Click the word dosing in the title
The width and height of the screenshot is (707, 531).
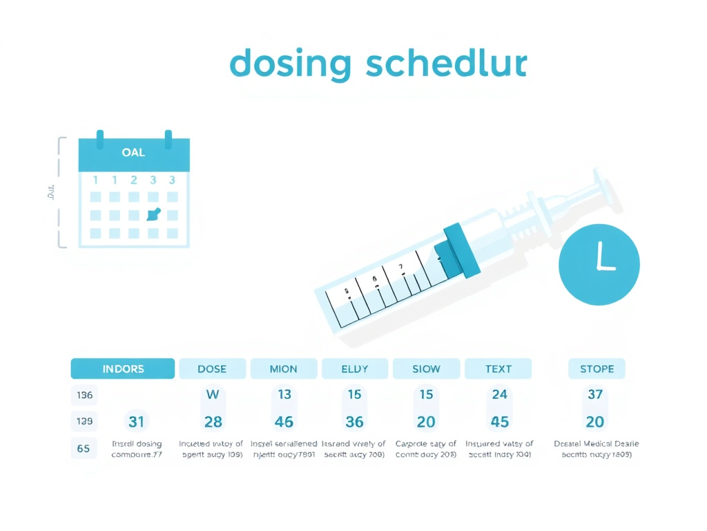click(291, 64)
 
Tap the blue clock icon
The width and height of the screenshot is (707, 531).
click(599, 263)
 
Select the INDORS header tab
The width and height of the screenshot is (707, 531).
click(123, 369)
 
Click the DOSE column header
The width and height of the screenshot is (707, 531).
click(212, 369)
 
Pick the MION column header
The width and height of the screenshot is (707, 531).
click(284, 369)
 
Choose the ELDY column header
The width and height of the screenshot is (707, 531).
click(355, 369)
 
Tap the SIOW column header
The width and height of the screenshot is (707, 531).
click(426, 369)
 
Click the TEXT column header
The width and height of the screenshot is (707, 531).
click(498, 369)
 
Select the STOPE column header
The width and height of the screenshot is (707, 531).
click(597, 369)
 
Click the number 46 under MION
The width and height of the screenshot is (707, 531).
click(284, 422)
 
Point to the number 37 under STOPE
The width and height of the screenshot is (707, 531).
click(595, 394)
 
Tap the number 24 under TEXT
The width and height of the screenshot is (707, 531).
click(499, 394)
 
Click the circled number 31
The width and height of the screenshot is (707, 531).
click(136, 421)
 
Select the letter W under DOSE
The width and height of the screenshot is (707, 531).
click(213, 394)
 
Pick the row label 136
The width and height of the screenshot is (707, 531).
click(85, 395)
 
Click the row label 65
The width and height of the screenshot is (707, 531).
click(84, 448)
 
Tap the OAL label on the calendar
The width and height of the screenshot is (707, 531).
click(133, 152)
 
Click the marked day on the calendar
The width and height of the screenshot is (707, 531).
click(153, 214)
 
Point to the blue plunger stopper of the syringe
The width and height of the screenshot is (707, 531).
click(458, 251)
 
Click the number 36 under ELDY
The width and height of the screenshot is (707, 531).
click(355, 422)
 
